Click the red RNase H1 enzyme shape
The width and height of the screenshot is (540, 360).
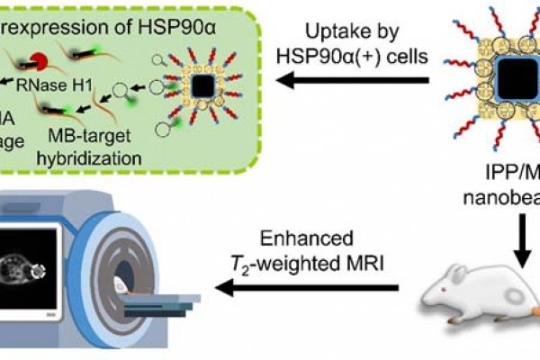pyautogui.click(x=40, y=62)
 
